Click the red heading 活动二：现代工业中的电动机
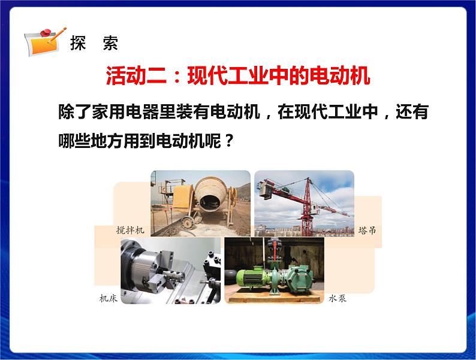[x=238, y=77]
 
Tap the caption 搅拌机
[x=130, y=230]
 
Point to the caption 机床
[x=109, y=298]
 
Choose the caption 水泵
[x=338, y=298]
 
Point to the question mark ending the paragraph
[x=227, y=141]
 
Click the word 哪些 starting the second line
[x=71, y=141]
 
